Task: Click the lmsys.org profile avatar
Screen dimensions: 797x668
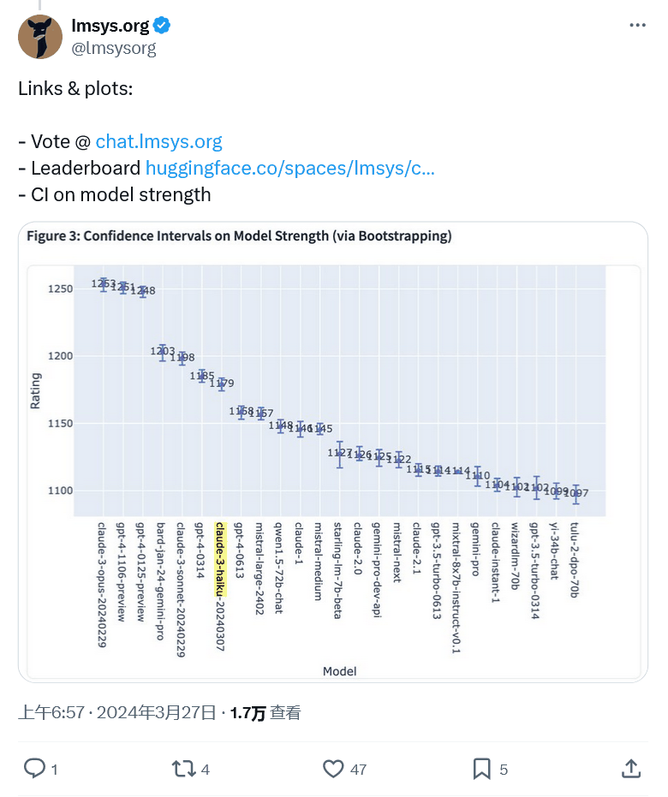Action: tap(39, 37)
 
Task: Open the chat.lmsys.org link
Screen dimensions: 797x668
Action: tap(158, 141)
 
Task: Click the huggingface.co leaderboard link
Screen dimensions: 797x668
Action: tap(289, 168)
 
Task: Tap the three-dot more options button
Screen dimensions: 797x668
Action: tap(637, 26)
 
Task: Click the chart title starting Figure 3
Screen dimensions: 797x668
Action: tap(239, 236)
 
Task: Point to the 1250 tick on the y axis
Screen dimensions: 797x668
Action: tap(61, 289)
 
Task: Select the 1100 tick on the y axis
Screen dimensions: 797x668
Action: tap(61, 491)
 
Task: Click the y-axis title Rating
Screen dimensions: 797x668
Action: tap(36, 390)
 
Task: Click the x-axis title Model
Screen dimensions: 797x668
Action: tap(340, 671)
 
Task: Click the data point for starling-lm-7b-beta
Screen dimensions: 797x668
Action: tap(340, 454)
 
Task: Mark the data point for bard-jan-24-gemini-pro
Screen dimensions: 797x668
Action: tap(162, 351)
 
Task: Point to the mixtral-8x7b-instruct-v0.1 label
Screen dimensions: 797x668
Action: tap(457, 587)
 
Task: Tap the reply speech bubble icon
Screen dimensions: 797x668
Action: tap(34, 769)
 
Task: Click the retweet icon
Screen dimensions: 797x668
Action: tap(183, 769)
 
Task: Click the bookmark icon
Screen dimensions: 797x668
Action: tap(482, 769)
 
